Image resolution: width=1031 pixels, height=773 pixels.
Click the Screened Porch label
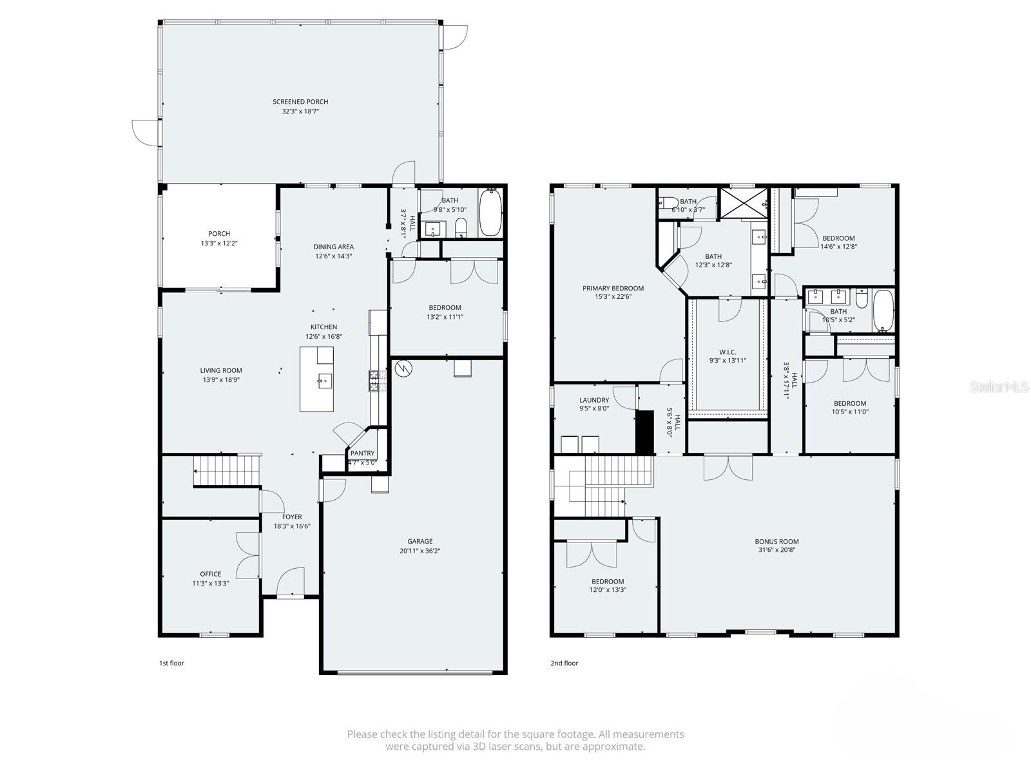tap(300, 102)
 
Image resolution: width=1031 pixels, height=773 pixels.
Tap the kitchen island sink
tap(323, 381)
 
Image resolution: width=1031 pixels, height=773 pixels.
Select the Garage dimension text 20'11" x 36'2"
tap(419, 551)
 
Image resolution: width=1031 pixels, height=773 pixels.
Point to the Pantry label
tap(363, 453)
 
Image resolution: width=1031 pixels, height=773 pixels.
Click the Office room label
tap(210, 574)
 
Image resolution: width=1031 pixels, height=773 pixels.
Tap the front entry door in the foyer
tap(291, 582)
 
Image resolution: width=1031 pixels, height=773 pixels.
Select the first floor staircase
tap(226, 470)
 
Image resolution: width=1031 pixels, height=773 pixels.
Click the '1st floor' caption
tap(171, 663)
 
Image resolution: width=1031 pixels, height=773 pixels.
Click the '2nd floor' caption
tap(564, 663)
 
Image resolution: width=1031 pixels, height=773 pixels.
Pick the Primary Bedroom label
tap(613, 289)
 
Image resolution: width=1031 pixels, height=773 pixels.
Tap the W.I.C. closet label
tap(727, 352)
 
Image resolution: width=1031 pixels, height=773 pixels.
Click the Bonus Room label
tap(776, 542)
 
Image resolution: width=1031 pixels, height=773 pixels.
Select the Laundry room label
tap(594, 400)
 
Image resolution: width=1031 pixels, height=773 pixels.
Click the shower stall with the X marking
tap(744, 203)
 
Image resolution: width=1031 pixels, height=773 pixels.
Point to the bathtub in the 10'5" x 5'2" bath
tap(883, 310)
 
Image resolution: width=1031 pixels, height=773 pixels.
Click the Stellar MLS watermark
tap(999, 387)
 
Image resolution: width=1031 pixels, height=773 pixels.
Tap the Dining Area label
tap(333, 247)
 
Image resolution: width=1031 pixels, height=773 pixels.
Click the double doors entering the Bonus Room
tap(728, 467)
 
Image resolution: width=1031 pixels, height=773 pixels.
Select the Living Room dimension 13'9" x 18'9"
tap(220, 380)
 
